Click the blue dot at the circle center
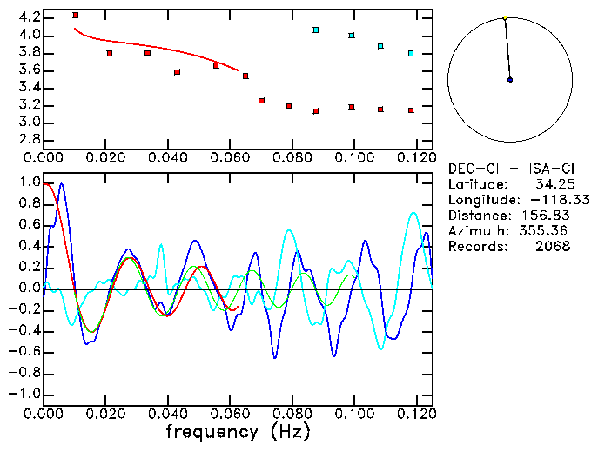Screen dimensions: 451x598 point(510,80)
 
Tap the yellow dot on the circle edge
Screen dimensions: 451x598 point(505,17)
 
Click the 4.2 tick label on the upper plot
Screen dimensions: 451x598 point(29,17)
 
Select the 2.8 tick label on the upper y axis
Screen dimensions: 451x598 point(29,139)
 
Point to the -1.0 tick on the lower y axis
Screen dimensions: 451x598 point(25,394)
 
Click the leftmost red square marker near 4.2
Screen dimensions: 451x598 point(76,16)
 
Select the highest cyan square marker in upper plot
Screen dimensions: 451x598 point(316,30)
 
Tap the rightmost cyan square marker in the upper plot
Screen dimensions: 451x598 point(411,54)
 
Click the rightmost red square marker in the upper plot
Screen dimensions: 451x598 point(411,110)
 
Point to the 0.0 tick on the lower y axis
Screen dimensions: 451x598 point(29,289)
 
